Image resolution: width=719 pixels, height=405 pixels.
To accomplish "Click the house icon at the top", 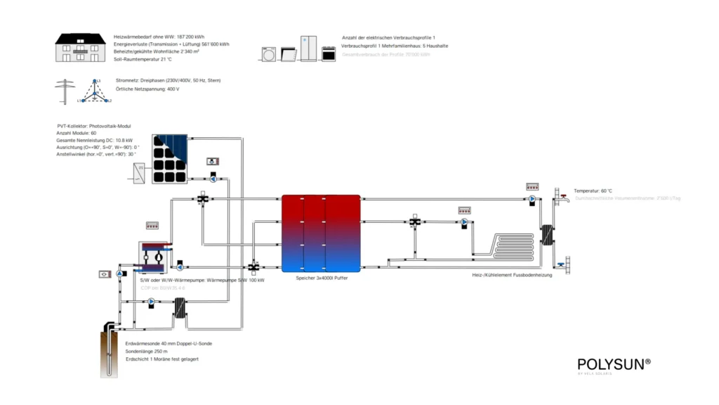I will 79,47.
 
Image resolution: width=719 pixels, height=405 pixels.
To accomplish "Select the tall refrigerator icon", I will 309,49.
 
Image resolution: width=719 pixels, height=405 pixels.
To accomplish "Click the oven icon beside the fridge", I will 329,53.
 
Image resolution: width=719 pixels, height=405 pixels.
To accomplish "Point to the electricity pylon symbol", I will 65,92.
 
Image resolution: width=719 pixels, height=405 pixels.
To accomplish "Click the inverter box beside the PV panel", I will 138,172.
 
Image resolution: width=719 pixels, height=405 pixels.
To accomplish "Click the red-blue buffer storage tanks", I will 321,233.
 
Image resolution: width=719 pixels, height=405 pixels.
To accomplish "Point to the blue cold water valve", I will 562,264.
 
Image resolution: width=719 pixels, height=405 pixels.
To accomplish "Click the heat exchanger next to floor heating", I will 545,236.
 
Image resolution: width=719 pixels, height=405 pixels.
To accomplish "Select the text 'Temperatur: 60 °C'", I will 593,191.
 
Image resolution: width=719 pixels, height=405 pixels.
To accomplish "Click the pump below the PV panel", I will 211,179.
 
